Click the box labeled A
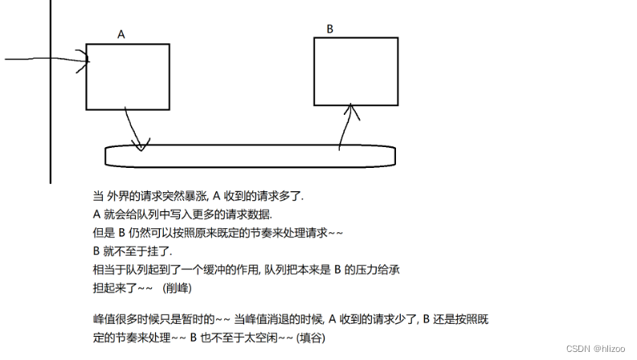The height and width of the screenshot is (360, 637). tap(128, 76)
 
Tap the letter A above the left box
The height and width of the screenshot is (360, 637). tap(121, 35)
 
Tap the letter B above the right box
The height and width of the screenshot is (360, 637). tap(329, 29)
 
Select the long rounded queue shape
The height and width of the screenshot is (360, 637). tap(250, 156)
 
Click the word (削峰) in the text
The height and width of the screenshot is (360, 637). tap(178, 286)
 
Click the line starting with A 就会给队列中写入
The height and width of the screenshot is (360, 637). tap(182, 215)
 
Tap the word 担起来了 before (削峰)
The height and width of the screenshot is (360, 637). tap(117, 286)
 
